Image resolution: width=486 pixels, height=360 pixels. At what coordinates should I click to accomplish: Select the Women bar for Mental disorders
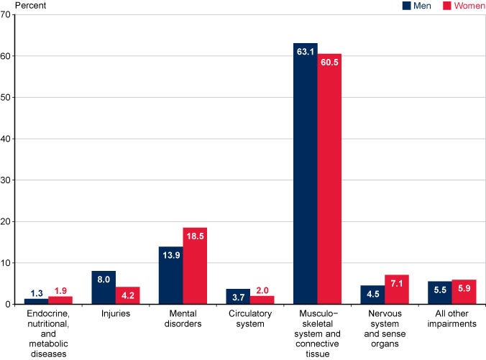click(195, 266)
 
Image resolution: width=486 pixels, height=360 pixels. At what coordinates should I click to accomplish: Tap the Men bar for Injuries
click(104, 287)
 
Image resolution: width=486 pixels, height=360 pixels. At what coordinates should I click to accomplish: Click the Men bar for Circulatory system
click(238, 297)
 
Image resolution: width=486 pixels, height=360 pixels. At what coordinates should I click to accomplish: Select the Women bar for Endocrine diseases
click(60, 300)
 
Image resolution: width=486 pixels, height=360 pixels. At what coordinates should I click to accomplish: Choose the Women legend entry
click(461, 6)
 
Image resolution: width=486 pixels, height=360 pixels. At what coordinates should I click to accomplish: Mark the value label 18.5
click(195, 236)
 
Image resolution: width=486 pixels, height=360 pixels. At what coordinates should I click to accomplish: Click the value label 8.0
click(104, 280)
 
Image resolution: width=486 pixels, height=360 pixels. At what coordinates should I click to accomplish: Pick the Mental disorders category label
click(183, 319)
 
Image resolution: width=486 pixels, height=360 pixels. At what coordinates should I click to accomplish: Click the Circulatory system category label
click(250, 319)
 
